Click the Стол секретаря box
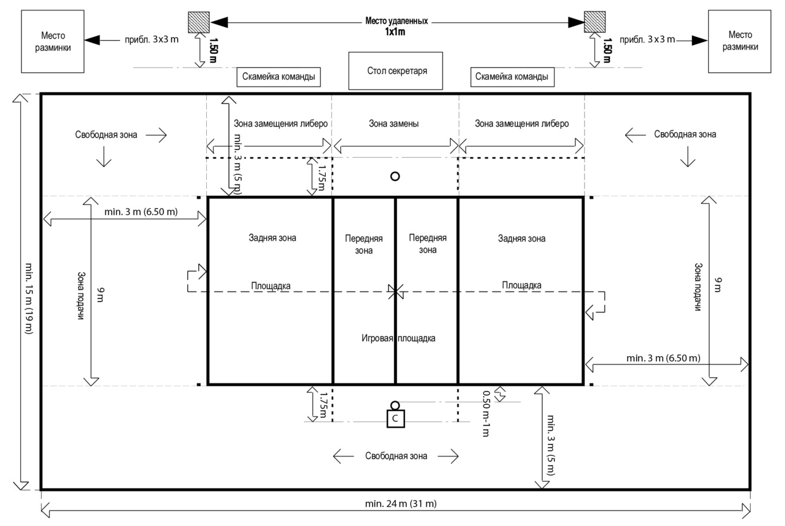(x=395, y=71)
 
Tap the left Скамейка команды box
(x=279, y=77)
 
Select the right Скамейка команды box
(x=512, y=77)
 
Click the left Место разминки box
(x=53, y=41)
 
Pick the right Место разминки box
(x=739, y=41)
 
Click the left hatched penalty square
(x=199, y=22)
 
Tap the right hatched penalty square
(x=595, y=22)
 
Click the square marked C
(x=395, y=419)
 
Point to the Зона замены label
(x=394, y=123)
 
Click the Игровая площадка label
(x=398, y=338)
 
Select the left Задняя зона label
(x=272, y=237)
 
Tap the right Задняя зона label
(x=521, y=238)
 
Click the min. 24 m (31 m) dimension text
(x=401, y=504)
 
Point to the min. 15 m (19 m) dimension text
(x=29, y=299)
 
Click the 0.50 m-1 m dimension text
(x=486, y=413)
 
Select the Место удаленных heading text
(x=397, y=21)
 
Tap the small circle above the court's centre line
(x=395, y=176)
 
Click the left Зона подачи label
(x=81, y=296)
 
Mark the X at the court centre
(x=395, y=291)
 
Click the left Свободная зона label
(x=106, y=134)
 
